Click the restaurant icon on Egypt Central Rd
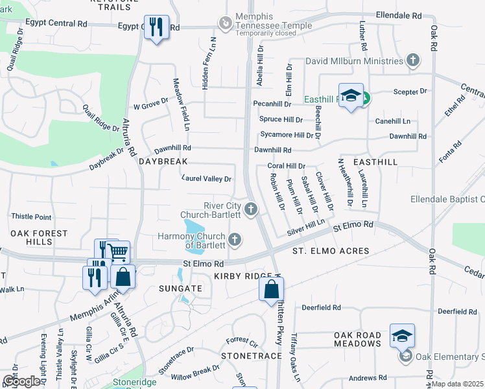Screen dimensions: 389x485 [x=156, y=28]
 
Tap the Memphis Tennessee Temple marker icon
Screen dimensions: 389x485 [x=225, y=23]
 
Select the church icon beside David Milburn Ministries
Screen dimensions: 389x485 [x=412, y=61]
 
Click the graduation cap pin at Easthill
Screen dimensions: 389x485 [x=351, y=97]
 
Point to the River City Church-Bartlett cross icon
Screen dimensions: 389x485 [x=251, y=209]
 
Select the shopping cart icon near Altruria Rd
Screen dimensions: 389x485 [x=117, y=252]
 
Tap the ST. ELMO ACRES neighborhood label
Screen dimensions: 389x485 [x=331, y=251]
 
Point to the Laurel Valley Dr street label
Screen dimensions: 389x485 [x=207, y=178]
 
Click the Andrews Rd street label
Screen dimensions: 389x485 [x=367, y=377]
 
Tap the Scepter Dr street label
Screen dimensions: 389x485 [x=410, y=92]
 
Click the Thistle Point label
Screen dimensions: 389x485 [x=31, y=217]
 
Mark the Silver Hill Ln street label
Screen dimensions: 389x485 [x=306, y=226]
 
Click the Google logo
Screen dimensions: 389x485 [x=21, y=381]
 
